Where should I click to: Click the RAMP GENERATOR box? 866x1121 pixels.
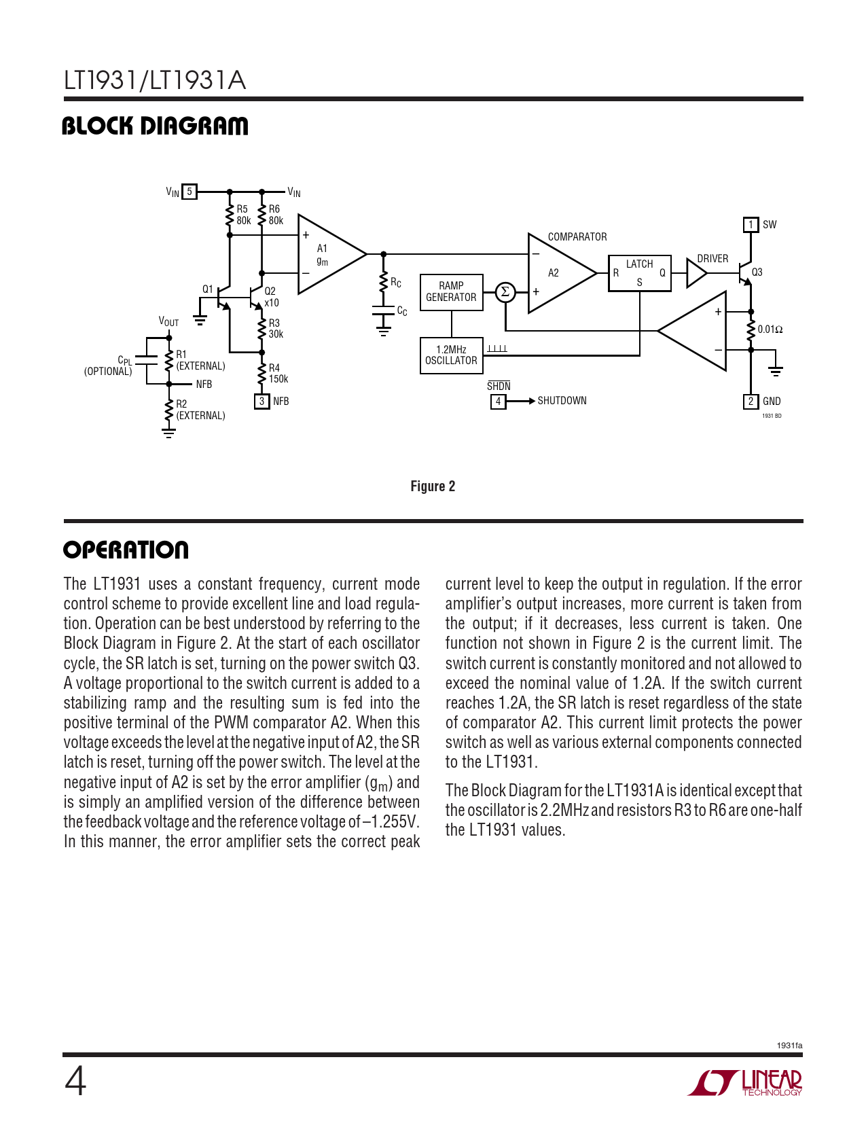tap(452, 292)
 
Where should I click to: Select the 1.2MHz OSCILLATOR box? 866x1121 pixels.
tap(452, 355)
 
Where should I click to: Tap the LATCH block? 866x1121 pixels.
tap(639, 272)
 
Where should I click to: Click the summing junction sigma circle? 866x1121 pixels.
tap(505, 292)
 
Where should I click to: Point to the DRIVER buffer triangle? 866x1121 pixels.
tap(696, 273)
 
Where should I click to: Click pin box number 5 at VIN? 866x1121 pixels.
tap(190, 192)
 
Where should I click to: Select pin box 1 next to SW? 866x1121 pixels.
tap(751, 224)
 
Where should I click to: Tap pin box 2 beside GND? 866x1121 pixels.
tap(751, 402)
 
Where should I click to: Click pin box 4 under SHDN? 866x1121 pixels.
tap(498, 402)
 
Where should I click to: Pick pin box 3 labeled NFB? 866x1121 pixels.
tap(261, 402)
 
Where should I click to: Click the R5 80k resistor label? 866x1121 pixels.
tap(243, 215)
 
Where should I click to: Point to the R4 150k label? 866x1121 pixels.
tap(278, 374)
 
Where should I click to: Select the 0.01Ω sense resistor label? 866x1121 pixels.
tap(770, 330)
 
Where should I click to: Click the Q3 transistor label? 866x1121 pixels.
tap(757, 272)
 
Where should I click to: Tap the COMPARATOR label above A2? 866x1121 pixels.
tap(577, 236)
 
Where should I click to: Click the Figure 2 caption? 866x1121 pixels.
tap(433, 486)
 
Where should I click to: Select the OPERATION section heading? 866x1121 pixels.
tap(126, 550)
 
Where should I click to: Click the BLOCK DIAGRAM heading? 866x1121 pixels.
tap(155, 126)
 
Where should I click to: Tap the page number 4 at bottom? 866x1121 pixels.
tap(75, 1081)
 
